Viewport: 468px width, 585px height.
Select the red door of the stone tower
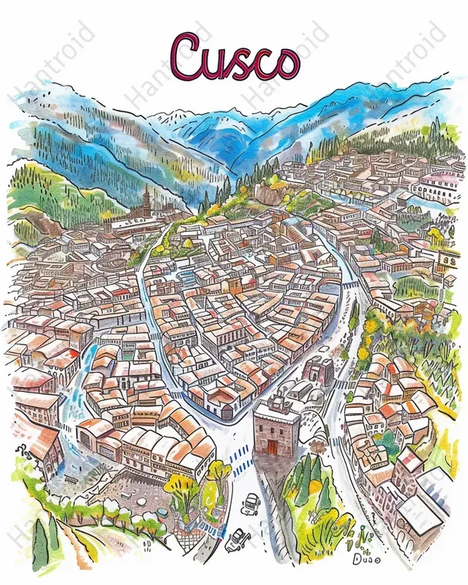[x=273, y=445]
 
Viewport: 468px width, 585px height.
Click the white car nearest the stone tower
[x=252, y=502]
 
